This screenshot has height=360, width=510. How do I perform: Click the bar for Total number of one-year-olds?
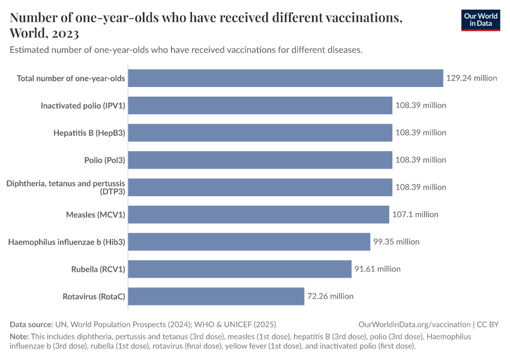[x=286, y=78]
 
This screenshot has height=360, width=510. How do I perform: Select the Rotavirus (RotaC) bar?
[x=216, y=296]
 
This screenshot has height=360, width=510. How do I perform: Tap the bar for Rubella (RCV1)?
[x=240, y=269]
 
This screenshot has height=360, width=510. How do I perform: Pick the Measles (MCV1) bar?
[x=259, y=214]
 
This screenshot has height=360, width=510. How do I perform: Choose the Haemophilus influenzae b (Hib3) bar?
[x=249, y=242]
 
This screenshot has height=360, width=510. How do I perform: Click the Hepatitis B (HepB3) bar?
[x=260, y=133]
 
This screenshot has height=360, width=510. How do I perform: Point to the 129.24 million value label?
[x=472, y=78]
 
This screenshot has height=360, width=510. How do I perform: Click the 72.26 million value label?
[x=331, y=296]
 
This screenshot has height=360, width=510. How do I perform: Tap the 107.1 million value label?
[x=415, y=214]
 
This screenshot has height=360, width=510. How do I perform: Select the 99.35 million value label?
[x=396, y=242]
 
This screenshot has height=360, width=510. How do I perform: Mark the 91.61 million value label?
[x=377, y=269]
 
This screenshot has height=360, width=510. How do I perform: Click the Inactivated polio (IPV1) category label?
[x=83, y=106]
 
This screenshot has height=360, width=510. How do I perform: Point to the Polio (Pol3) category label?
[x=104, y=160]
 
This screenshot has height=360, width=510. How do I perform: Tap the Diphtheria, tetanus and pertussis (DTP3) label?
[x=65, y=187]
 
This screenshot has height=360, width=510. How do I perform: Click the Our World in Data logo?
[x=480, y=20]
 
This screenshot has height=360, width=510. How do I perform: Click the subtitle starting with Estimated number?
[x=186, y=50]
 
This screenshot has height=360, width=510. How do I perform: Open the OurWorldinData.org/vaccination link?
[x=413, y=324]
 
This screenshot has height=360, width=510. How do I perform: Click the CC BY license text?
[x=488, y=324]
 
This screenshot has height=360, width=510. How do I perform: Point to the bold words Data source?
[x=31, y=324]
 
